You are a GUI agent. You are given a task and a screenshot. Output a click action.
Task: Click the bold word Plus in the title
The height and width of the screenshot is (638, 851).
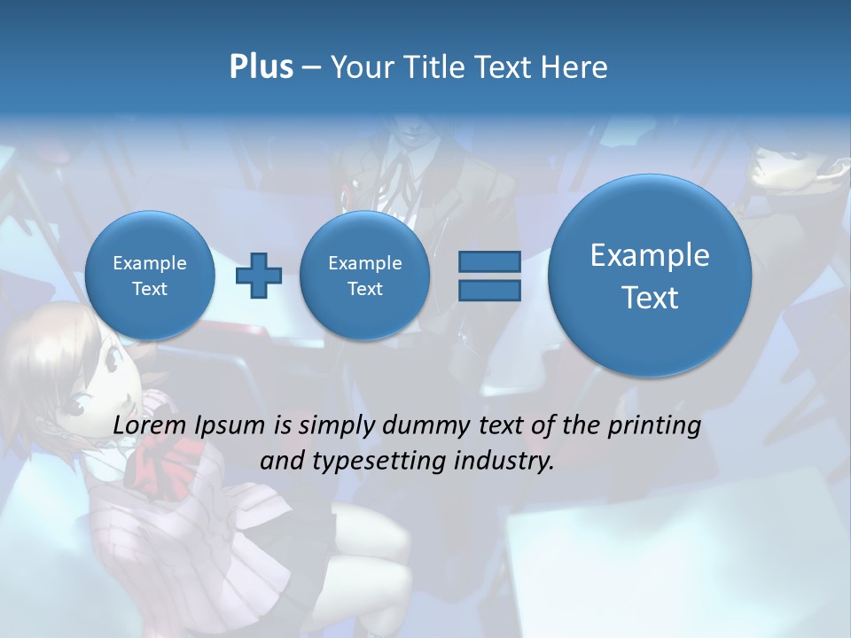click(261, 67)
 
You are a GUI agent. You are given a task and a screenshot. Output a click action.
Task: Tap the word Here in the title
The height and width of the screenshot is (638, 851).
click(574, 67)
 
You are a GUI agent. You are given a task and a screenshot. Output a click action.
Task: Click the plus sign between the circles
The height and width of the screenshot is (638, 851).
click(259, 276)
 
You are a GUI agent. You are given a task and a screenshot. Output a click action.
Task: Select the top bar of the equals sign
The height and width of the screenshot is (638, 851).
click(488, 261)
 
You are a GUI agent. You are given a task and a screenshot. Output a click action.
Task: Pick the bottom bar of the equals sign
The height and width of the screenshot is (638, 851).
click(488, 290)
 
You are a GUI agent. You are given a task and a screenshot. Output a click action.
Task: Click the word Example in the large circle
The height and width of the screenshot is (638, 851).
click(650, 255)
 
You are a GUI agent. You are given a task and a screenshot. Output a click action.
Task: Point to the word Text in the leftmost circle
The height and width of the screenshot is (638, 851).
click(150, 289)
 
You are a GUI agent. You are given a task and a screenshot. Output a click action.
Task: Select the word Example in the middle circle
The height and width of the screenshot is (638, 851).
click(364, 263)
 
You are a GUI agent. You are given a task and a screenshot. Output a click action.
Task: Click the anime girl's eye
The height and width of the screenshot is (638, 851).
click(75, 407)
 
